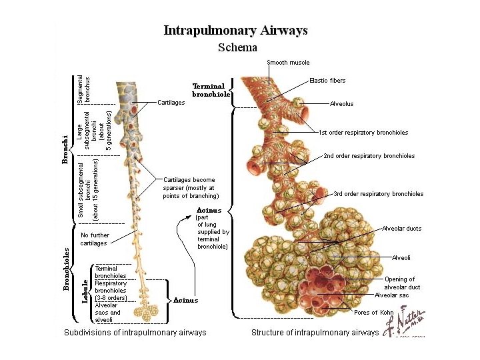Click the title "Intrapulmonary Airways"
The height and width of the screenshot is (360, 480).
click(x=236, y=31)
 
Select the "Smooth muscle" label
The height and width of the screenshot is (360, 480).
click(x=288, y=63)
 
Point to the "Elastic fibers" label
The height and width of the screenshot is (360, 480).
click(x=327, y=81)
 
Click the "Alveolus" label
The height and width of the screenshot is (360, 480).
click(x=341, y=104)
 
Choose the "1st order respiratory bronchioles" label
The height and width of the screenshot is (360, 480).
click(x=363, y=133)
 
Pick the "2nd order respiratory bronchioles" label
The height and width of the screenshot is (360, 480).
click(x=369, y=156)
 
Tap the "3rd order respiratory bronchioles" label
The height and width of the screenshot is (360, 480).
click(x=378, y=194)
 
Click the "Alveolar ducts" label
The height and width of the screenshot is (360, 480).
click(x=401, y=229)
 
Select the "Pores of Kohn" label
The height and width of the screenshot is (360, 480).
click(x=375, y=312)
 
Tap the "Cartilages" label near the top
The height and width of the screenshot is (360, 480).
click(x=171, y=103)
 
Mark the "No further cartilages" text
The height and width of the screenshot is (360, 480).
click(x=94, y=239)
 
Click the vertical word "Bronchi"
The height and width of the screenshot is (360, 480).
click(x=65, y=150)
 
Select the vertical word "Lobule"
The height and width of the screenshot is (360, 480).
click(x=85, y=291)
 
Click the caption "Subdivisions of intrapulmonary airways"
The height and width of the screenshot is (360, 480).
click(x=135, y=332)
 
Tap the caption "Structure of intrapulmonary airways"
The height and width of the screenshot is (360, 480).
click(x=315, y=332)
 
